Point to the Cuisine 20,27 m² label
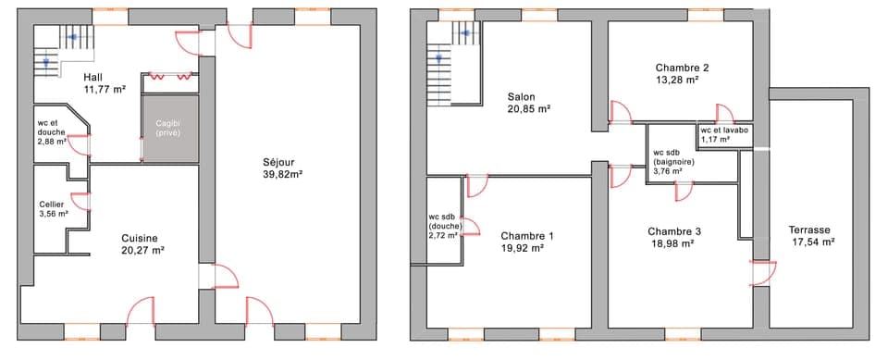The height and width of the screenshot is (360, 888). (142, 243)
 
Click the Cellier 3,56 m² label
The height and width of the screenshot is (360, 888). (53, 209)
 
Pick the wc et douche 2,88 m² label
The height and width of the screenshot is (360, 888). (52, 131)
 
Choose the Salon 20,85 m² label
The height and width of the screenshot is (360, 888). (528, 102)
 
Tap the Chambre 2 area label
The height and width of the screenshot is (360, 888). (682, 73)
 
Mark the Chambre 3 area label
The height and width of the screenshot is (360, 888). (673, 237)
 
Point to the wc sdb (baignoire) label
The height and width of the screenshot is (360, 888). (673, 162)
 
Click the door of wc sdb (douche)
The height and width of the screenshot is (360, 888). (468, 228)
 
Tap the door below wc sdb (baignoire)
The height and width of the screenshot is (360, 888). (684, 190)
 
